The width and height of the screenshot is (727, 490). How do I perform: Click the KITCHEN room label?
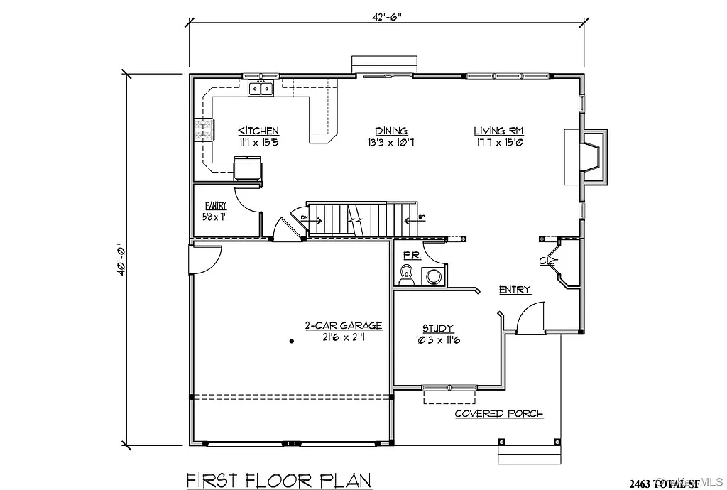click(x=258, y=131)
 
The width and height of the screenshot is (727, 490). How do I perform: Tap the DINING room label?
click(x=391, y=131)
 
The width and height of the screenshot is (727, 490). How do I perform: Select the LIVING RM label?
click(x=499, y=131)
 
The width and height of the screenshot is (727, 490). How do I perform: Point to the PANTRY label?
click(x=216, y=206)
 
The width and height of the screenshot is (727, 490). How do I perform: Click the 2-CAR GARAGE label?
click(x=344, y=325)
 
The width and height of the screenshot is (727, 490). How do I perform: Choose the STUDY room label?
click(x=438, y=328)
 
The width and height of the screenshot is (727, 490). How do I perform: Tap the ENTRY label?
click(x=515, y=289)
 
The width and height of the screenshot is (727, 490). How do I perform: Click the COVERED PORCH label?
click(x=499, y=413)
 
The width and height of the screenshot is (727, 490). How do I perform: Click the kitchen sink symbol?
click(x=261, y=89)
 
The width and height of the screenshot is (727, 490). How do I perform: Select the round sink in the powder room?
click(x=432, y=276)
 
